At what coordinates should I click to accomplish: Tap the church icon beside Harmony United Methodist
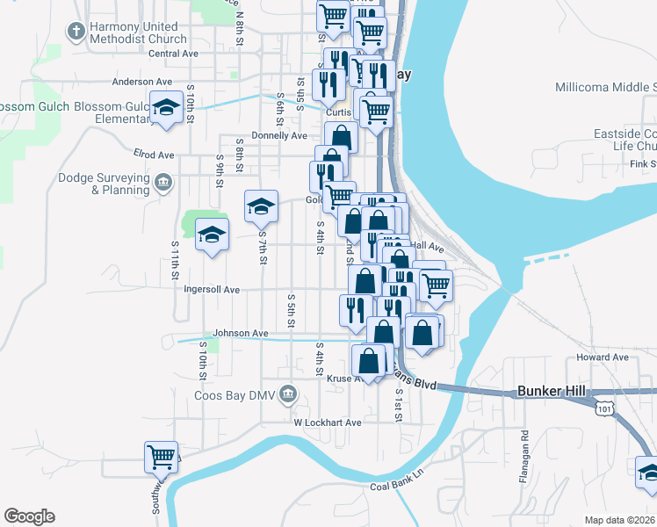(x=76, y=32)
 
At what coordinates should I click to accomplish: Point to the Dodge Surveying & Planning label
(x=104, y=184)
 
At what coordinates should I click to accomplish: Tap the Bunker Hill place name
(x=550, y=391)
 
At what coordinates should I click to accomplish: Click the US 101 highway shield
(x=603, y=408)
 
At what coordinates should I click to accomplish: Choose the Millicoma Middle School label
(x=606, y=87)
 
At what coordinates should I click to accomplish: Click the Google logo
(x=29, y=516)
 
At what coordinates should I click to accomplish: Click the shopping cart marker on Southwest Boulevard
(x=161, y=456)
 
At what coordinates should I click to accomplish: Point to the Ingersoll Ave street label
(x=212, y=289)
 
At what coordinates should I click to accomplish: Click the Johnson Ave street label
(x=241, y=334)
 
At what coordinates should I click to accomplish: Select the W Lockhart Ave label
(x=328, y=422)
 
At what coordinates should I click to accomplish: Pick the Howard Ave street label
(x=603, y=357)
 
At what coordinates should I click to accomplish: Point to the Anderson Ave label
(x=141, y=82)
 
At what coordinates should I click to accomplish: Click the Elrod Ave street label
(x=154, y=154)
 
